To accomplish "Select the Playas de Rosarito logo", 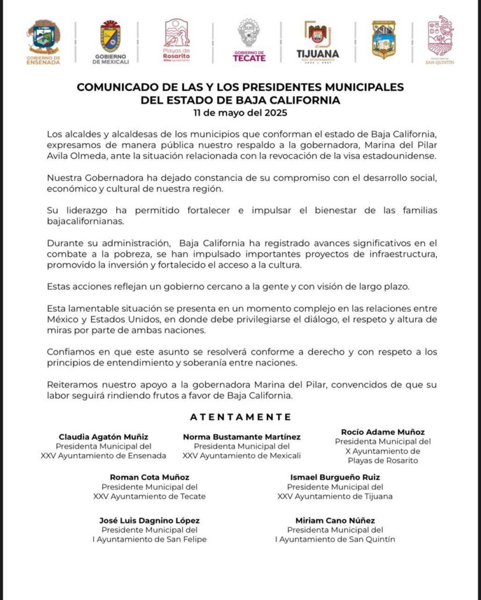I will [x=177, y=40].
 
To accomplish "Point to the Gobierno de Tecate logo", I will [x=249, y=40].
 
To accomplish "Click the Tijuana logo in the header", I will [x=318, y=41].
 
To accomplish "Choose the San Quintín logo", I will [x=440, y=40].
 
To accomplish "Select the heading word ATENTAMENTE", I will [x=240, y=417].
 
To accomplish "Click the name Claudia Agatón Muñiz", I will [x=104, y=437].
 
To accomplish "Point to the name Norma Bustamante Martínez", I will [x=242, y=437].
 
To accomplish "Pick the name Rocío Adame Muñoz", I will [x=383, y=432].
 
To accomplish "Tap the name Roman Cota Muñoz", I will [x=149, y=478].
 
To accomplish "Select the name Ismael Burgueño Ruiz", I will [x=335, y=478].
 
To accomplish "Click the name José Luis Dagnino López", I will [x=149, y=520].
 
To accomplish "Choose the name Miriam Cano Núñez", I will [x=335, y=520].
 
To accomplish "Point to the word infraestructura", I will [x=402, y=253].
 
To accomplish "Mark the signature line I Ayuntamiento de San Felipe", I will [x=149, y=539].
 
